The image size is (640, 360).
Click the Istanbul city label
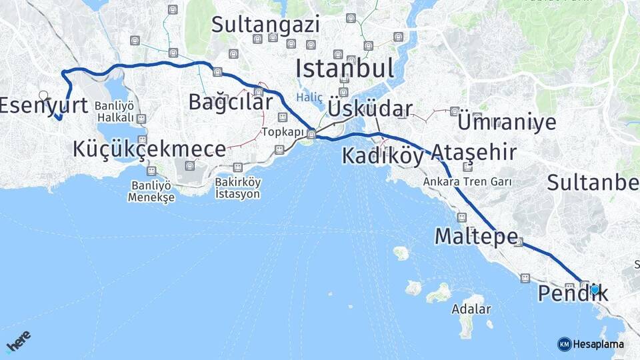[345, 68]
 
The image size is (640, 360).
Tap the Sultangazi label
[265, 25]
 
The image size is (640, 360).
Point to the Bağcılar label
[230, 102]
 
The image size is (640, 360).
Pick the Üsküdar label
[370, 109]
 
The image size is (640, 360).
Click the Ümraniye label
[507, 122]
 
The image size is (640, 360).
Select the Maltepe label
[476, 236]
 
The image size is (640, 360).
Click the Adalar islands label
[471, 309]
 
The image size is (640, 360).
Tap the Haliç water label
[309, 97]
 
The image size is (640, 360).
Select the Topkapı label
[283, 132]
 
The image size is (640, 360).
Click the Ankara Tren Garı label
[467, 181]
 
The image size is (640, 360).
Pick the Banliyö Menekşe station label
[152, 191]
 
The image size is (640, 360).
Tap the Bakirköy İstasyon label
[237, 187]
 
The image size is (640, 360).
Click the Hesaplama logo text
[598, 344]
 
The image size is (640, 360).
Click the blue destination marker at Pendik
[594, 289]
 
